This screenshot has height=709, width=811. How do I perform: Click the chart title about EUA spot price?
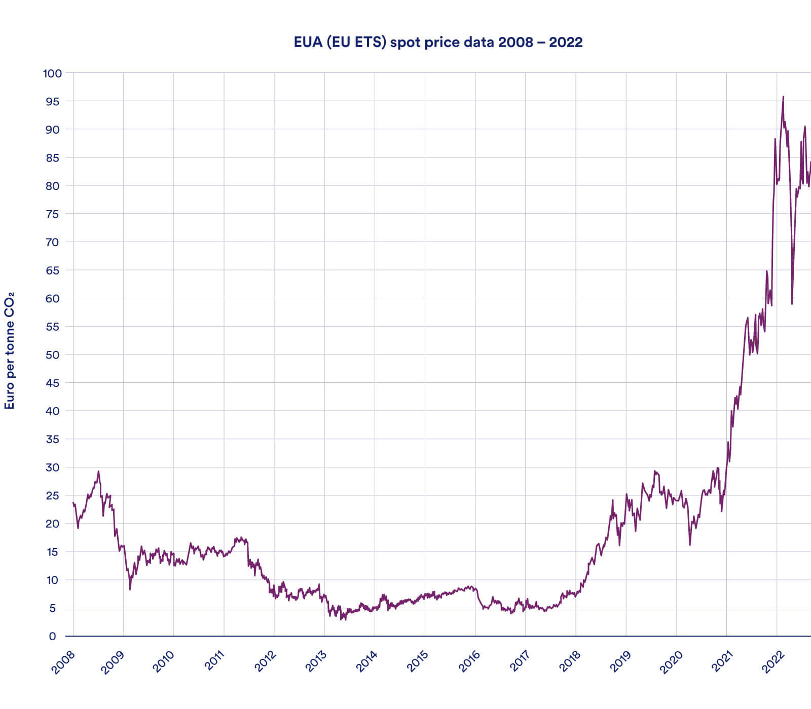[x=438, y=42]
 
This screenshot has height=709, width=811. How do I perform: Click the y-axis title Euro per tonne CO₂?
[x=9, y=350]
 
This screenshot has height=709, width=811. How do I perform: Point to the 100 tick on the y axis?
[x=52, y=73]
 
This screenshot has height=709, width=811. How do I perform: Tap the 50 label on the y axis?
[x=52, y=354]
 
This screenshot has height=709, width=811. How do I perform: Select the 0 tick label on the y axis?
[x=52, y=637]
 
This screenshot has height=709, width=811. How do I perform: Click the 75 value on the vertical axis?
[x=52, y=214]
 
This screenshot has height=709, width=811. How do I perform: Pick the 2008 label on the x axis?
[x=63, y=662]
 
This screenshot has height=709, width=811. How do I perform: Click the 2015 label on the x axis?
[x=417, y=662]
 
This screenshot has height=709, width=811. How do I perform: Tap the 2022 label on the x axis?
[x=773, y=662]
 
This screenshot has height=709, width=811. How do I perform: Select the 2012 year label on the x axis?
[x=265, y=662]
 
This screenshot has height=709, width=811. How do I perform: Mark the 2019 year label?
[x=619, y=662]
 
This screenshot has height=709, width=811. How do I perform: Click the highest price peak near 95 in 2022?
[x=783, y=97]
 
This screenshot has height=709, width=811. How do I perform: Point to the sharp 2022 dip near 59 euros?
[x=792, y=303]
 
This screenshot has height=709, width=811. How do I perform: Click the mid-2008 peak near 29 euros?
[x=98, y=471]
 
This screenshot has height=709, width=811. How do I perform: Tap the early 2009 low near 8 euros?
[x=130, y=589]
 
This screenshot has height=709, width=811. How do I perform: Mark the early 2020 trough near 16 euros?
[x=690, y=545]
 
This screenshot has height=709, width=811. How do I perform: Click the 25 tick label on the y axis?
[x=52, y=496]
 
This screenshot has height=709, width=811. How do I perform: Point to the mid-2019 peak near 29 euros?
[x=655, y=471]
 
